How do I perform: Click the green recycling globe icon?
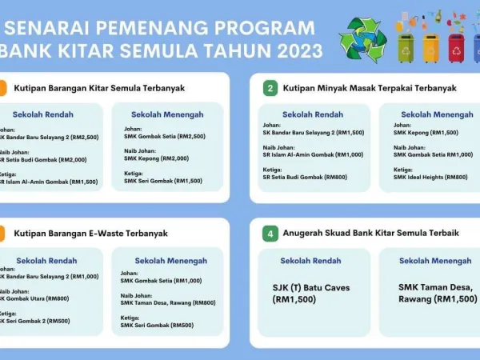[362, 38]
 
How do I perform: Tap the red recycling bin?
[455, 46]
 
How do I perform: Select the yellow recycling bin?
[430, 46]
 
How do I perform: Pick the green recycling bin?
[406, 46]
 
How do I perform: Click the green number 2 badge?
[270, 88]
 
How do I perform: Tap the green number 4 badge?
[270, 234]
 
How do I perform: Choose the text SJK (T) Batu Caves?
[311, 288]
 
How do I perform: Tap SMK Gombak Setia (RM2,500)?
[164, 137]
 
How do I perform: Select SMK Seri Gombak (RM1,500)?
[162, 181]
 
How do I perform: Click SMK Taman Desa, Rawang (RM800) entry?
[168, 302]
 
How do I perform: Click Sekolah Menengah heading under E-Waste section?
[170, 260]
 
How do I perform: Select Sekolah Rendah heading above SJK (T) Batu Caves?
[310, 260]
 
